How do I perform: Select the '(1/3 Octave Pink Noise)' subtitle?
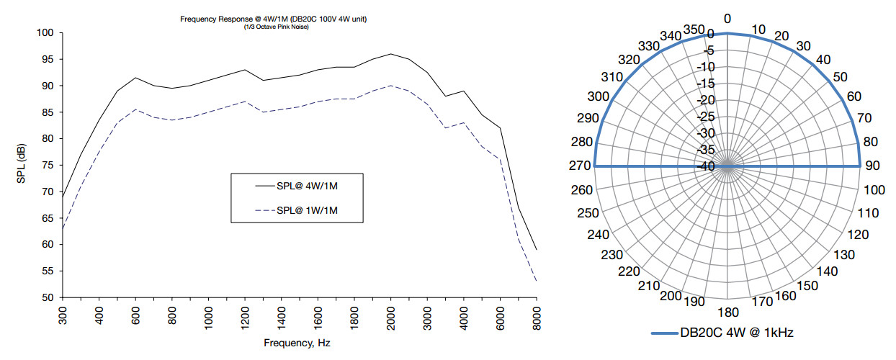click(x=277, y=27)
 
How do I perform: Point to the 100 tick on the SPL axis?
click(x=47, y=32)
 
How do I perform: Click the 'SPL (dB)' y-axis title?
click(x=22, y=164)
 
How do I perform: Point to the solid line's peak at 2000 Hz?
click(x=390, y=54)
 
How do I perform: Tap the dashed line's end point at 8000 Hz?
click(x=537, y=282)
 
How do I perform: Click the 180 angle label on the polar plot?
click(x=727, y=312)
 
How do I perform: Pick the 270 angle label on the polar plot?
click(x=581, y=166)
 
